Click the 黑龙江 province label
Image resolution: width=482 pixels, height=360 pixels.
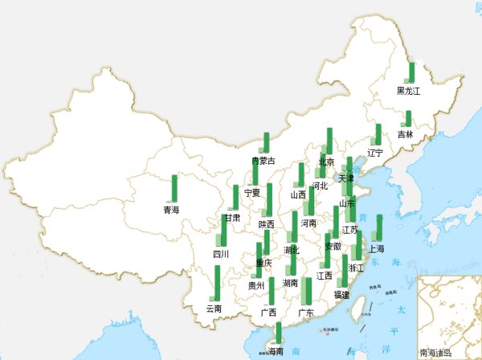(x=408, y=92)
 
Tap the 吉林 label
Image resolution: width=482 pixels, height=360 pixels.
(x=405, y=134)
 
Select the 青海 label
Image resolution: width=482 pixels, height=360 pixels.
(x=171, y=210)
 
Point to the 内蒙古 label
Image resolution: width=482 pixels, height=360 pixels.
(x=263, y=161)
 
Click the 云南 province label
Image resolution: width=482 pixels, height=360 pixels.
(x=214, y=308)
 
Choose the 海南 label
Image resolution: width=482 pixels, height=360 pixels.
(x=275, y=351)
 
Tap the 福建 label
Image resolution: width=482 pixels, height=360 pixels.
(x=342, y=295)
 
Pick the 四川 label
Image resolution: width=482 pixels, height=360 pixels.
(x=221, y=254)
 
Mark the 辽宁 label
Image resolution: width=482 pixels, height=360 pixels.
(x=375, y=153)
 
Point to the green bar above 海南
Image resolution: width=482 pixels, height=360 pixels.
(x=279, y=333)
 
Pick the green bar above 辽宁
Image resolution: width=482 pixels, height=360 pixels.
(x=378, y=134)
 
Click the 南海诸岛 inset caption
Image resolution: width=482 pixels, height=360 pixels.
(x=435, y=352)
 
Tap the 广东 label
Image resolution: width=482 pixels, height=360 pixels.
(x=305, y=312)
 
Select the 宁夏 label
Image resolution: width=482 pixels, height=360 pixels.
(x=252, y=192)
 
